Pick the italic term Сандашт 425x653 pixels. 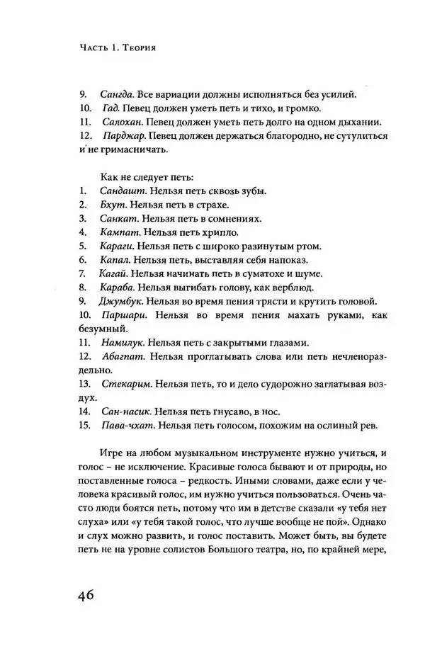point(120,191)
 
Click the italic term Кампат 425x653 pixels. point(117,232)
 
